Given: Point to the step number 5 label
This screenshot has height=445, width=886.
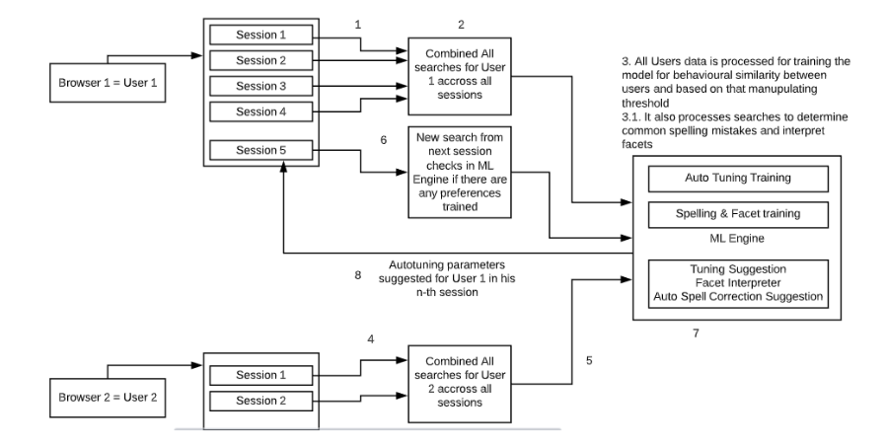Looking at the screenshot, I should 590,360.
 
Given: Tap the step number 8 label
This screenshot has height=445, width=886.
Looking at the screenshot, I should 358,276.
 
